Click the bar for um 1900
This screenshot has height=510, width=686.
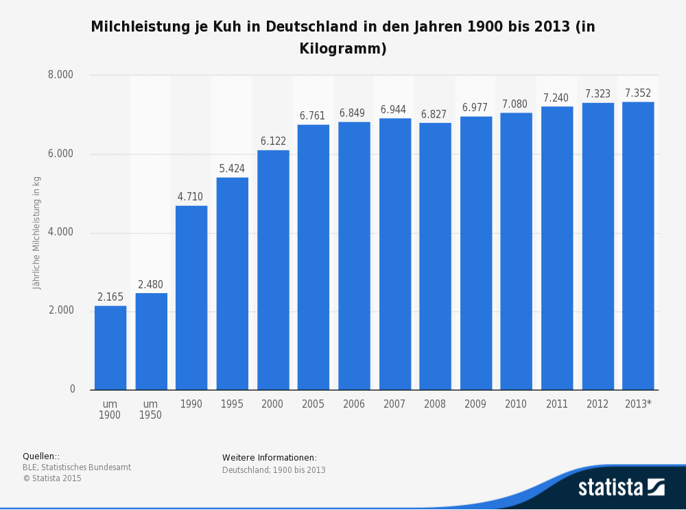pos(110,347)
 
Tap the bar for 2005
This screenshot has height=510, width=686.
pos(313,257)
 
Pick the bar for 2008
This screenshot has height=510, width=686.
pos(435,256)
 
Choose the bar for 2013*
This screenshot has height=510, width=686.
pos(638,246)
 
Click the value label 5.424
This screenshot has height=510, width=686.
pos(232,169)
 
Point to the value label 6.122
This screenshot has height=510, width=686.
pos(273,141)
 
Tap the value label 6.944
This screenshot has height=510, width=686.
pos(394,110)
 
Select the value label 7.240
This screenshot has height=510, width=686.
pos(556,98)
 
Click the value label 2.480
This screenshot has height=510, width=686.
pos(151,285)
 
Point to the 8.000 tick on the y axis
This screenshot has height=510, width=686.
pos(60,75)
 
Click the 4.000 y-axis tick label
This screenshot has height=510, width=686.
pos(60,232)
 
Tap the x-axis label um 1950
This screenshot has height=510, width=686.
pos(151,410)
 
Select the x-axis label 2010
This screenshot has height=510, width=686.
pos(516,404)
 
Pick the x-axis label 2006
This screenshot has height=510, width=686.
pos(354,404)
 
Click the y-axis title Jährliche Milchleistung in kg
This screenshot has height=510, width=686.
pos(37,233)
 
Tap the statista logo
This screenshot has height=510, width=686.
pos(621,487)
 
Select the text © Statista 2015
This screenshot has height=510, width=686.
pos(52,478)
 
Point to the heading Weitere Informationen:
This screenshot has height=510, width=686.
pos(270,458)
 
